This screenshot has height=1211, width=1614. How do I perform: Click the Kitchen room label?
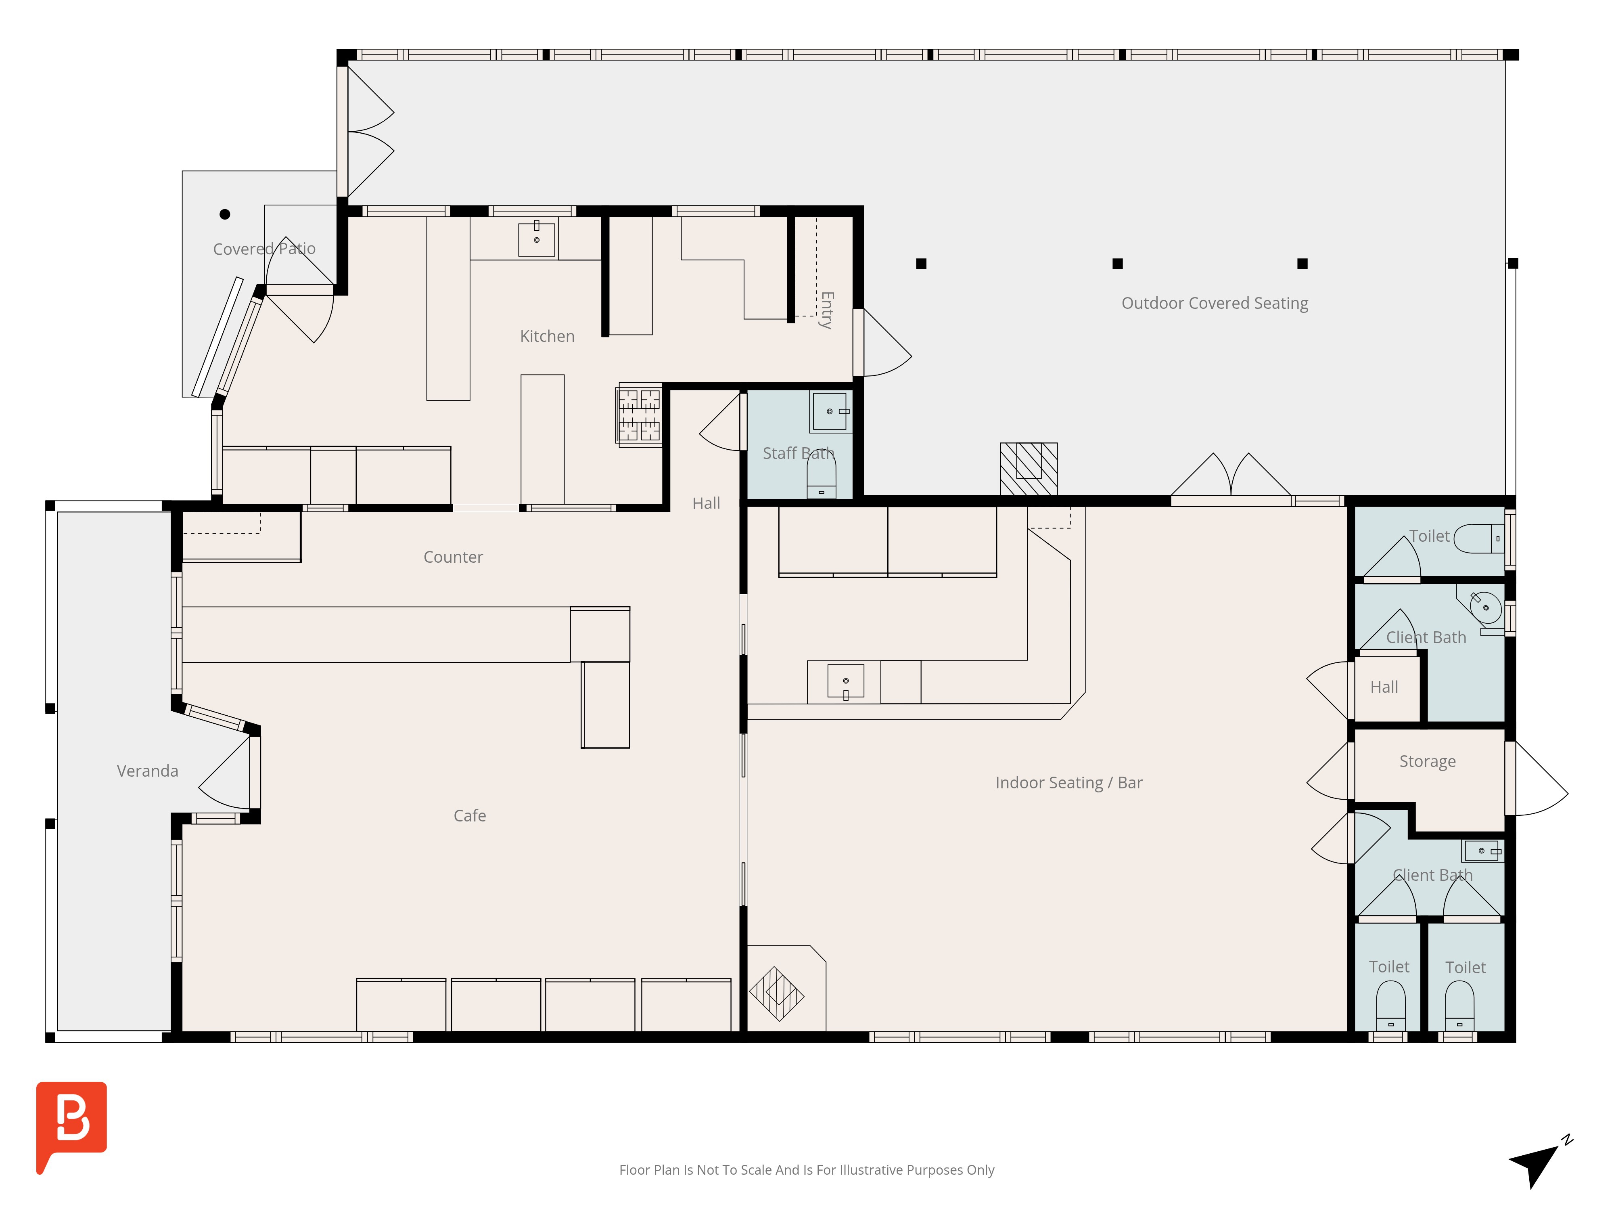click(x=547, y=337)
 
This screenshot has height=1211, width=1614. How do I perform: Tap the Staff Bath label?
click(x=798, y=453)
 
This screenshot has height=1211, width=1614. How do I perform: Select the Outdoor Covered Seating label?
click(x=1215, y=303)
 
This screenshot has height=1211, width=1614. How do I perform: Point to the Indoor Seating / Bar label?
click(x=1069, y=783)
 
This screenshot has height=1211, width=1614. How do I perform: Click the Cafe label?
click(x=470, y=815)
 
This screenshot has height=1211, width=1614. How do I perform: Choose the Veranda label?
click(x=147, y=771)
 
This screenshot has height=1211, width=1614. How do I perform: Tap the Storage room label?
click(x=1427, y=761)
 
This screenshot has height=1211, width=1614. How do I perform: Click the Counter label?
click(x=453, y=557)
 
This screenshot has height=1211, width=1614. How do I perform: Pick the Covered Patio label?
click(x=264, y=249)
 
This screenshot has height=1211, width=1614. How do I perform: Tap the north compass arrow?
click(x=1538, y=1163)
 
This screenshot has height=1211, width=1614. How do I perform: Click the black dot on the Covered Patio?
click(x=225, y=214)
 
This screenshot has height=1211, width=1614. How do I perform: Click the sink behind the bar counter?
click(x=846, y=682)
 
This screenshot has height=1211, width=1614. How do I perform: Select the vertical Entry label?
click(x=827, y=310)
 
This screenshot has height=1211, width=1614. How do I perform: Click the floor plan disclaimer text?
click(x=806, y=1170)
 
